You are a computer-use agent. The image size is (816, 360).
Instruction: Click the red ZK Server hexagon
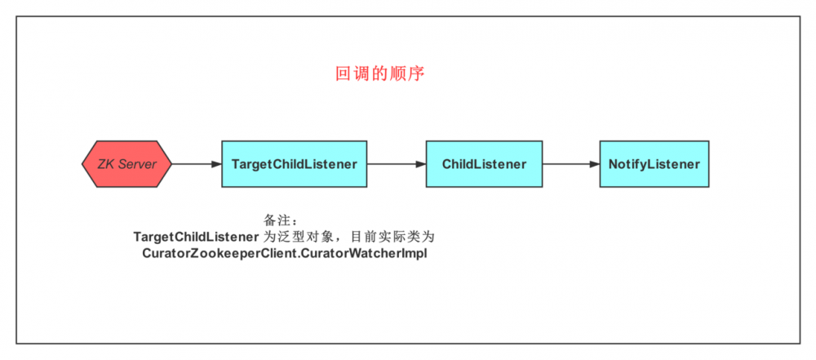[x=126, y=164]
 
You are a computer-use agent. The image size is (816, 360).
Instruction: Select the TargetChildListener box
[x=294, y=164]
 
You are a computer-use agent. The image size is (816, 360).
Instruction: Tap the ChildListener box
[x=484, y=164]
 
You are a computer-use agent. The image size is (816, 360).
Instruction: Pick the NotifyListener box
[x=654, y=164]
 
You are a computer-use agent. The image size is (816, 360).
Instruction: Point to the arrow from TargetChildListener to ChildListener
[x=396, y=164]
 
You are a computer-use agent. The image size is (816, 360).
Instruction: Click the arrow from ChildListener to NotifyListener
[x=570, y=164]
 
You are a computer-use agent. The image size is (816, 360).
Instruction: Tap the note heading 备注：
[x=282, y=220]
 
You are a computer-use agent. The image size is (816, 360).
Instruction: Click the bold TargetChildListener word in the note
[x=196, y=237]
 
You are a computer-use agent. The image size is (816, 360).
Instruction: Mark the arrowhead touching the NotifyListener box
[x=594, y=164]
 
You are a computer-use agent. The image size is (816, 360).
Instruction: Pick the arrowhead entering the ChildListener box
[x=420, y=164]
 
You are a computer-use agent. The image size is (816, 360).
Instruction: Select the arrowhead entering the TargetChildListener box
[x=216, y=164]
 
